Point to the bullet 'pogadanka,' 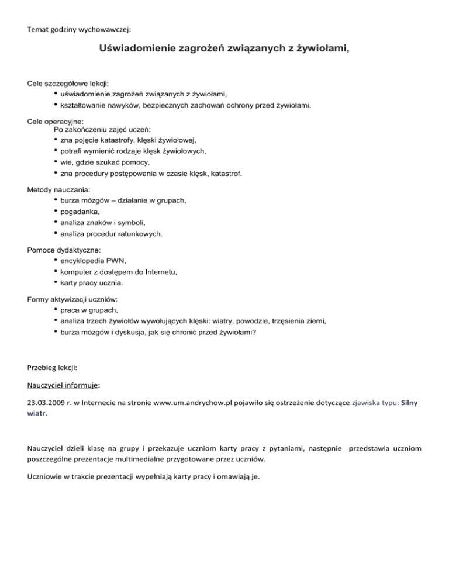pyautogui.click(x=80, y=212)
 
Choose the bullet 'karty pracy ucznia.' pyautogui.click(x=91, y=283)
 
